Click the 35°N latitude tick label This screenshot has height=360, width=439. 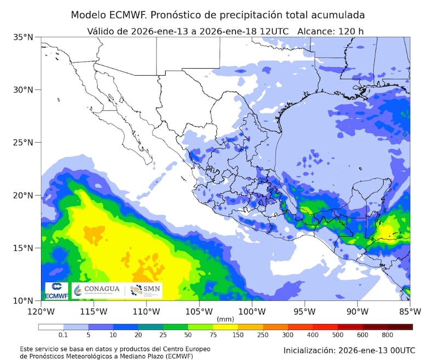click(24, 37)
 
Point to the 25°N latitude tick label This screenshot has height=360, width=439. click(24, 143)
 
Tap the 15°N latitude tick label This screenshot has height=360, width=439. click(24, 248)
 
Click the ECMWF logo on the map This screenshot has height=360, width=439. click(56, 290)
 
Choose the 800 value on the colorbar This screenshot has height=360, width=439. click(387, 334)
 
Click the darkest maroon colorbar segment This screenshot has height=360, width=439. click(400, 327)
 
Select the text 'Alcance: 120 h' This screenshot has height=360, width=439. click(330, 31)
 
